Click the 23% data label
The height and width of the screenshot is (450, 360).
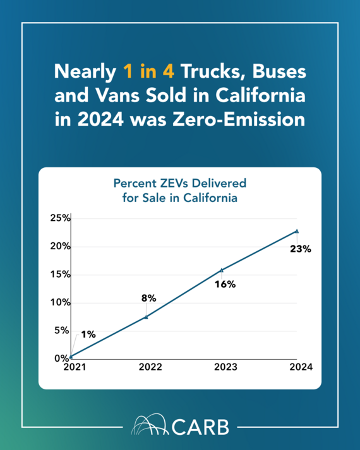301,249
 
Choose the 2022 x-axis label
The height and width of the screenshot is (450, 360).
150,367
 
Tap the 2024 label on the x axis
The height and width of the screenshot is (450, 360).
297,367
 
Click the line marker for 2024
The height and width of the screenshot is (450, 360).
297,231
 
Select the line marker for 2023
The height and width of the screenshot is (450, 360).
221,269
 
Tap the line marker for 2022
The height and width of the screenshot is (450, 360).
146,316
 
